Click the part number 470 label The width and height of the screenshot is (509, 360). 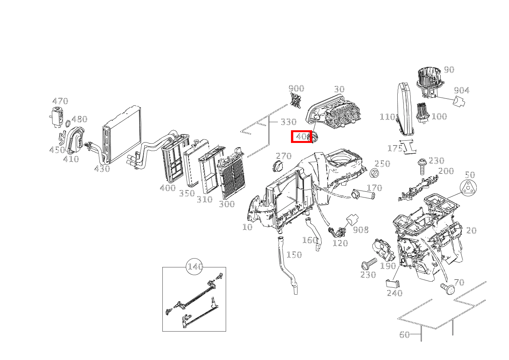point(60,101)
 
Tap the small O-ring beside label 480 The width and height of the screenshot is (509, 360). point(68,123)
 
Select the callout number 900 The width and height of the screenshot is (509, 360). point(296,89)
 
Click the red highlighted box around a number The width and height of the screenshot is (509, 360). point(301,136)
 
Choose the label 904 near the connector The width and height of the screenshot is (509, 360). point(461,91)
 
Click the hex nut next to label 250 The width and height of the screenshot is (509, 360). point(375,173)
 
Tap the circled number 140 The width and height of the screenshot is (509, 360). point(195,267)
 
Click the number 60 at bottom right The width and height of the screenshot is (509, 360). point(405,335)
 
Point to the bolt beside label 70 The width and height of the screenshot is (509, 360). point(447,288)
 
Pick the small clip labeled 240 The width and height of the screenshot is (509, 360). point(392,283)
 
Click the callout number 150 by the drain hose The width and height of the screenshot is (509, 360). point(294,255)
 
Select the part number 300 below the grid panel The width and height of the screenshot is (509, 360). point(226,204)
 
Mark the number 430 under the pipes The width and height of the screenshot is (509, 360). point(102,168)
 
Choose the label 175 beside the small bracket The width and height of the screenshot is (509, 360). point(395,148)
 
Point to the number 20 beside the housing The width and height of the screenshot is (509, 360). point(471,231)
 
